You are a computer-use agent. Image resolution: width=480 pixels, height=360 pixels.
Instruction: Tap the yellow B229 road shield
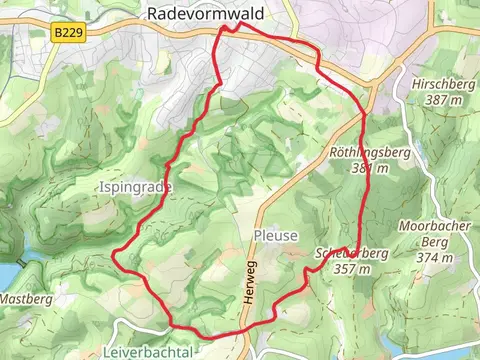coord(67,34)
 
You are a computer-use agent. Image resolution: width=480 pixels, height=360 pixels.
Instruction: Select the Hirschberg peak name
coord(443,85)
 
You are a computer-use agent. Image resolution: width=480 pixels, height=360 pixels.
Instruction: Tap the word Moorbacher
coord(434,225)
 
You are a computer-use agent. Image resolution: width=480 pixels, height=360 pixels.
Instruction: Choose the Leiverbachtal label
coord(147,352)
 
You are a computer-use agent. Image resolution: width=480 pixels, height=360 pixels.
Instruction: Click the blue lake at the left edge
coord(5,274)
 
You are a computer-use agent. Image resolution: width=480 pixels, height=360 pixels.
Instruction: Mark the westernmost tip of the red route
coord(113,255)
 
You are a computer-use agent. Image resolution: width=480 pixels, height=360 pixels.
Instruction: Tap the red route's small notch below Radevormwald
coord(228,29)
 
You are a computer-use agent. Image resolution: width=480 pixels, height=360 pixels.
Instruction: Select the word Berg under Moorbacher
coord(434,241)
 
